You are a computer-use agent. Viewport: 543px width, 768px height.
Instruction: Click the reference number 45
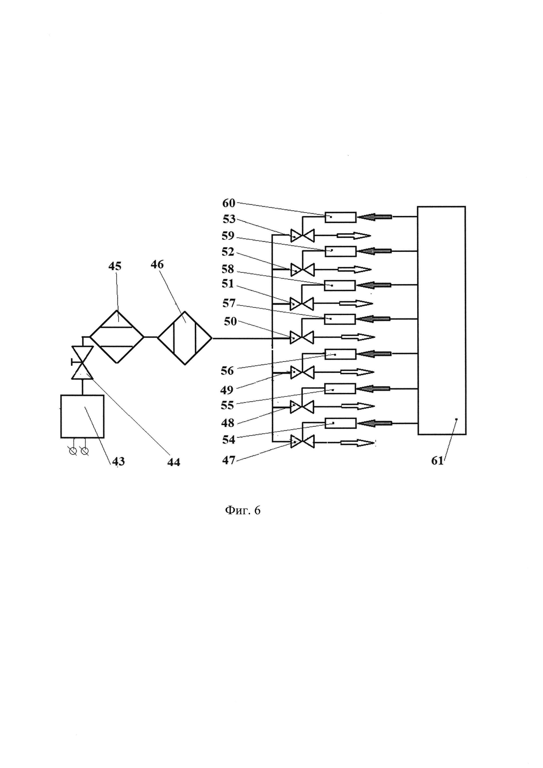(x=115, y=266)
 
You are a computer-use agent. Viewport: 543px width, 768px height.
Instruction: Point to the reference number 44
(x=174, y=462)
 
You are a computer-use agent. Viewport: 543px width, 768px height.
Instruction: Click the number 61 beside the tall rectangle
(x=437, y=461)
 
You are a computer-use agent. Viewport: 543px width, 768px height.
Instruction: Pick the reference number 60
(x=229, y=203)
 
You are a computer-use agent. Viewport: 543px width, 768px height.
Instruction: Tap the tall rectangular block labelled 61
(x=442, y=320)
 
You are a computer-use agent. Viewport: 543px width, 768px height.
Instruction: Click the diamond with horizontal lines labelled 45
(x=117, y=337)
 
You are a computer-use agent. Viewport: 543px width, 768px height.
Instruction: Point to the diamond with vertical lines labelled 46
(x=185, y=338)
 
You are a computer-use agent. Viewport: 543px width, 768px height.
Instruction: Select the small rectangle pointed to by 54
(x=340, y=423)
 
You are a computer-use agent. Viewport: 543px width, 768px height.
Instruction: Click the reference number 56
(x=227, y=371)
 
